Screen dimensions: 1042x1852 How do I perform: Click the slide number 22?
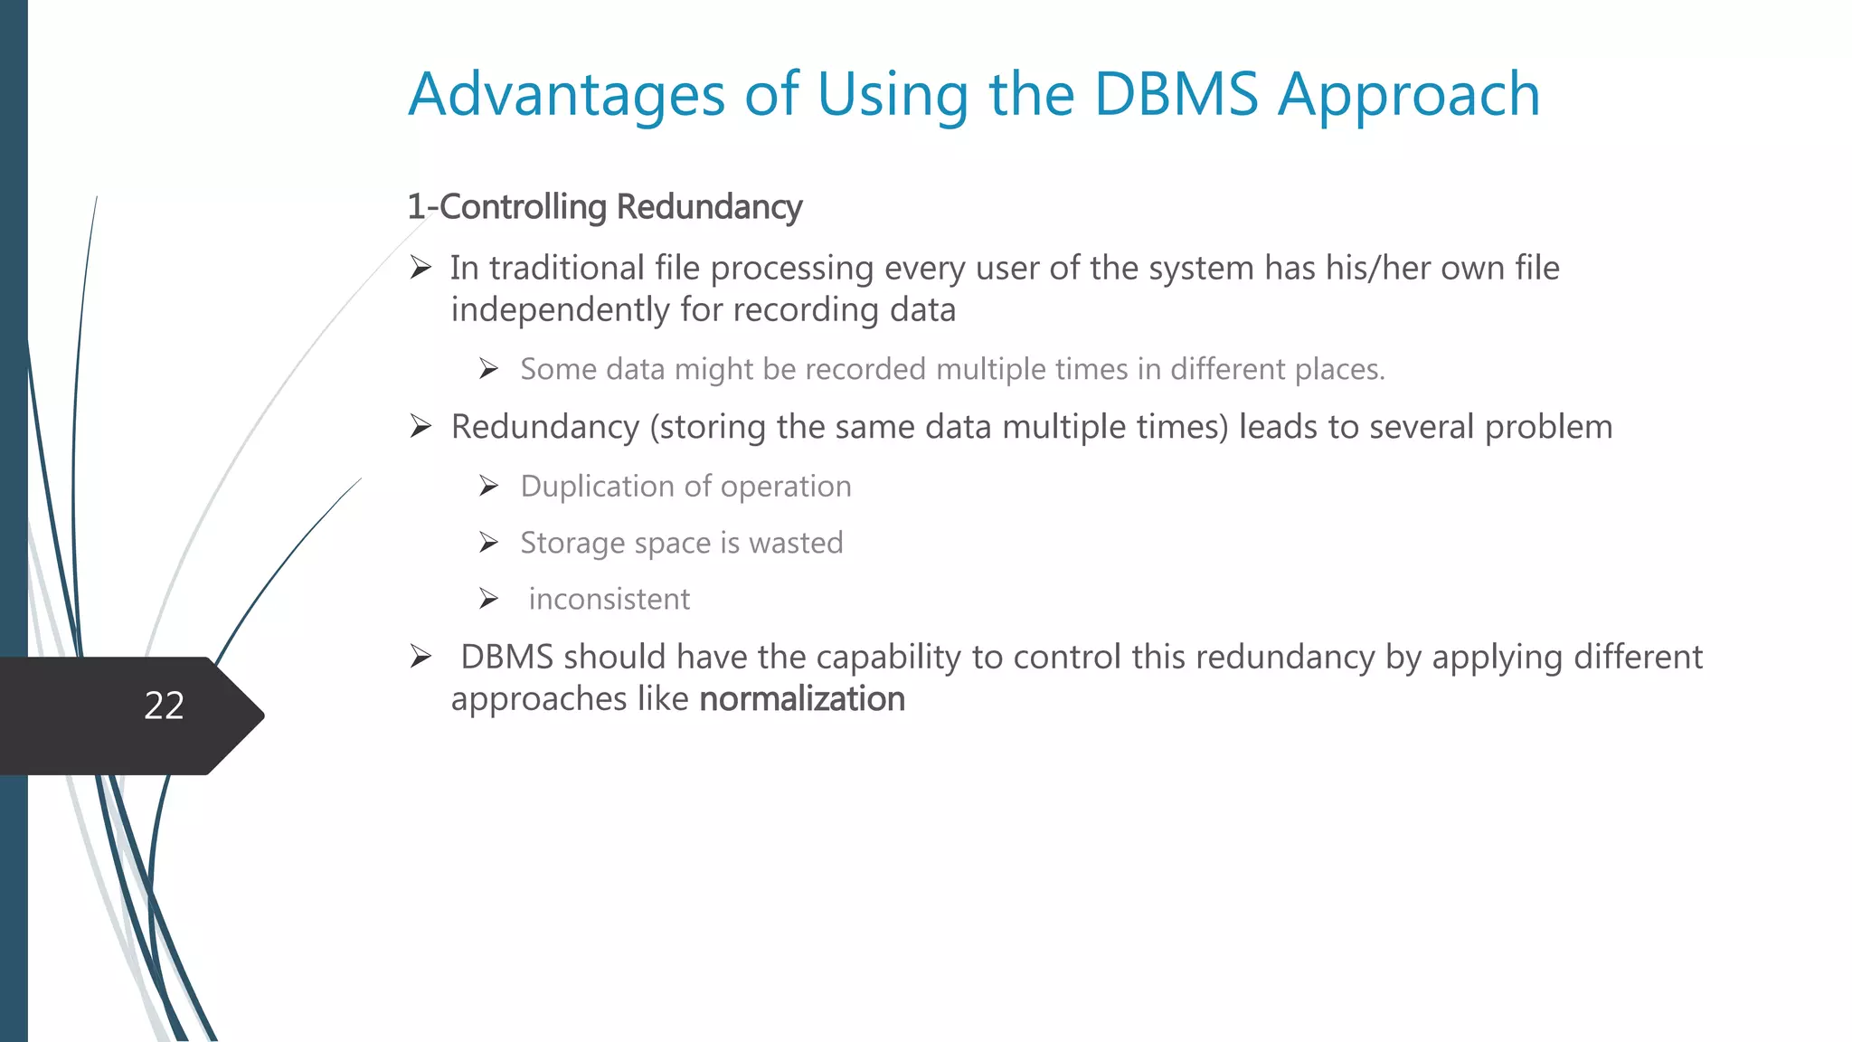[164, 706]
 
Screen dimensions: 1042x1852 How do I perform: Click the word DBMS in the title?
[1176, 94]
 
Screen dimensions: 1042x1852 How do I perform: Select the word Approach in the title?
[1409, 96]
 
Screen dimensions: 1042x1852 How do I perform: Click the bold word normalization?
[802, 699]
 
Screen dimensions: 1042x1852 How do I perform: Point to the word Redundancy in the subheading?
[709, 207]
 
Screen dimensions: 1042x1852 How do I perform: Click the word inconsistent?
[609, 599]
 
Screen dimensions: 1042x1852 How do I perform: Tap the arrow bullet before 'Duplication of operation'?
[489, 487]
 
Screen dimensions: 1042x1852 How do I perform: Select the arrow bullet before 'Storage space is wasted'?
[489, 543]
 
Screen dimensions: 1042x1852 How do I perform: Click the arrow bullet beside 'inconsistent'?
[489, 599]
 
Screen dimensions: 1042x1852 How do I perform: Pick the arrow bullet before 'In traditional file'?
[420, 268]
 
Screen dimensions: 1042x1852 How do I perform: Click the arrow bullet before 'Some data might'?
[489, 369]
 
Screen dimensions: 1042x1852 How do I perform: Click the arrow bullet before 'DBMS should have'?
[420, 657]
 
